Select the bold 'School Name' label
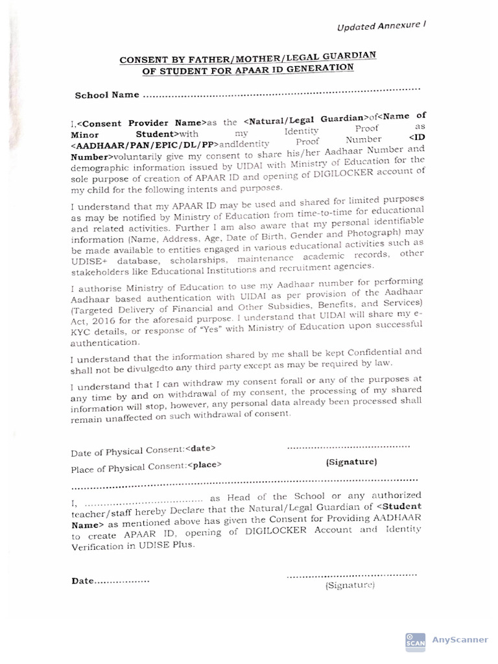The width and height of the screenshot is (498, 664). click(107, 95)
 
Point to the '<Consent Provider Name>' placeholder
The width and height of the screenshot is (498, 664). click(141, 122)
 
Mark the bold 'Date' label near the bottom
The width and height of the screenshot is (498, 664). click(83, 581)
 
